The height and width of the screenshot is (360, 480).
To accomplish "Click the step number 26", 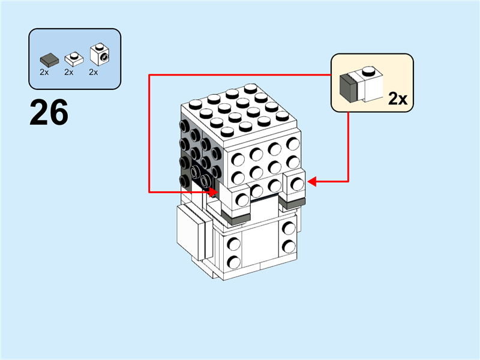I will point(49,113).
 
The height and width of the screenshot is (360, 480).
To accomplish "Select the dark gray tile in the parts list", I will point(48,60).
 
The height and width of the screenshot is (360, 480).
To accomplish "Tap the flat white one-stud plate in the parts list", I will point(74,59).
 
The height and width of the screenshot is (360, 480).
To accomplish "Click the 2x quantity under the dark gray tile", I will point(44,73).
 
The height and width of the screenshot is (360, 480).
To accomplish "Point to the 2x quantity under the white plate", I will point(68,73).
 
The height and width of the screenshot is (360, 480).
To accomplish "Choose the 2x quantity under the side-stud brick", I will point(93,73).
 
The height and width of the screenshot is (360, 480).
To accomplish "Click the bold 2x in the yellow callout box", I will point(398,99).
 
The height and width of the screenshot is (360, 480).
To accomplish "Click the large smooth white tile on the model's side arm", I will point(190,230).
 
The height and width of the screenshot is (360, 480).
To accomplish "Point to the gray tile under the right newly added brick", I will point(292,205).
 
